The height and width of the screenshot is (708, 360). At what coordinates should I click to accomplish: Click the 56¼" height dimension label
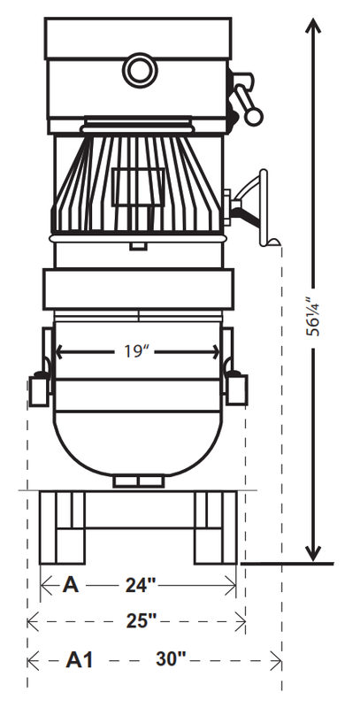click(312, 317)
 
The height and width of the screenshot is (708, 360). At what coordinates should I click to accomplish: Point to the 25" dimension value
click(141, 621)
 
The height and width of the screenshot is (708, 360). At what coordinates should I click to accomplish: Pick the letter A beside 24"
click(71, 585)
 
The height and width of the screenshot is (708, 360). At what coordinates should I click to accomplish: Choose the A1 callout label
click(80, 659)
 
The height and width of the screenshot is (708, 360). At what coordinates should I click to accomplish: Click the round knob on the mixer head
click(140, 70)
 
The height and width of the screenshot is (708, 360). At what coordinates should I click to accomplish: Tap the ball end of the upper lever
click(254, 117)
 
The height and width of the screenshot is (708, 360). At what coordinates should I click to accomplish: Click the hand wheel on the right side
click(264, 207)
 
